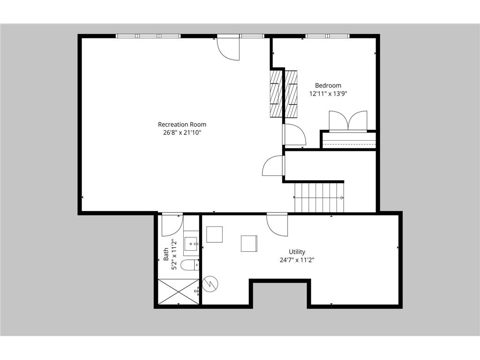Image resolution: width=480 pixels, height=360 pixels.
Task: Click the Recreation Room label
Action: tap(182, 125)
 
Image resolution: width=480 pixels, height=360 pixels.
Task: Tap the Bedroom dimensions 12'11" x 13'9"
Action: tap(328, 94)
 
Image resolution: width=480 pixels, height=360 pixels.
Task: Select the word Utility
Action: tap(297, 252)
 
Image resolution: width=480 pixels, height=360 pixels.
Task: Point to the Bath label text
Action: tap(166, 254)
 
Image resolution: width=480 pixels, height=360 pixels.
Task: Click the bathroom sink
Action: tap(191, 244)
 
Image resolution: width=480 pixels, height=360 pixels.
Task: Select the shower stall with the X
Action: tap(179, 292)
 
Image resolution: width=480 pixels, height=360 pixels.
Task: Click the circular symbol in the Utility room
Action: tap(210, 284)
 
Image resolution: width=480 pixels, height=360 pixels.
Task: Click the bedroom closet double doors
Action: tap(348, 121)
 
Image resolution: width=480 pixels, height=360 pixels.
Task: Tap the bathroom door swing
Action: tap(172, 225)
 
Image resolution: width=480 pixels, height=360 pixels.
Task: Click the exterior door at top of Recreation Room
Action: tap(228, 48)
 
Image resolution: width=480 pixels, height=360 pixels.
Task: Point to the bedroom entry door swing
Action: tap(294, 135)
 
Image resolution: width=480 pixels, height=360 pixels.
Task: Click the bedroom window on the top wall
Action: tap(328, 36)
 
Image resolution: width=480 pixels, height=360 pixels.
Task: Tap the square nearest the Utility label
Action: tap(249, 243)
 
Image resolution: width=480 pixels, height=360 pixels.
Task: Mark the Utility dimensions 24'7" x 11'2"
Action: tap(297, 260)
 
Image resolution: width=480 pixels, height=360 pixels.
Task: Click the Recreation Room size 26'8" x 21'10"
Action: tap(182, 133)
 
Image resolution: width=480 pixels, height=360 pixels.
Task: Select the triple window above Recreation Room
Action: tap(149, 36)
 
